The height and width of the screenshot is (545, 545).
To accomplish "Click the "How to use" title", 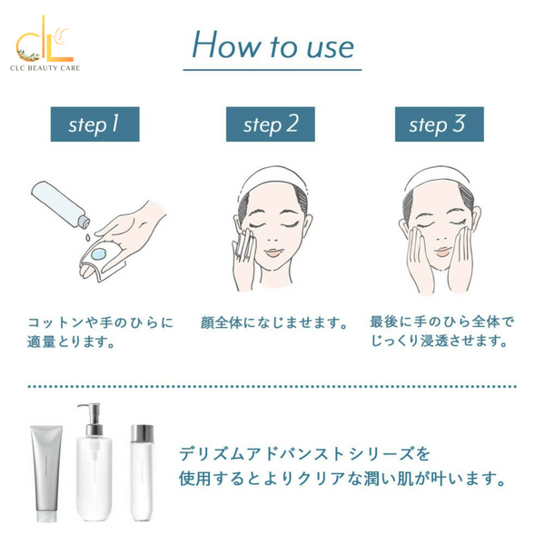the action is click(x=272, y=45).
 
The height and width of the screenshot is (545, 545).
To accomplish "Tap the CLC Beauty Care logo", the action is click(x=45, y=44).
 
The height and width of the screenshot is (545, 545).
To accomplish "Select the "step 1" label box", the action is click(x=94, y=124).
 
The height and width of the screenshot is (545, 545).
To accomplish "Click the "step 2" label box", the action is click(x=271, y=124).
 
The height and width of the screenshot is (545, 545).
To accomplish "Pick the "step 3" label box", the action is click(x=440, y=124).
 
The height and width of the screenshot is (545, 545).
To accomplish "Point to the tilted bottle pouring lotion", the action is click(x=61, y=204).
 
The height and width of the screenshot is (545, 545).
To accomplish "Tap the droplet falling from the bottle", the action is click(x=88, y=237).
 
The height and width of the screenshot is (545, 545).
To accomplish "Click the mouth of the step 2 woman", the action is click(x=272, y=253).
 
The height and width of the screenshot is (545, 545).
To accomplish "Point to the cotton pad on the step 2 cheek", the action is click(x=243, y=243).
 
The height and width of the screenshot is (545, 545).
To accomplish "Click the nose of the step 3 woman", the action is click(x=441, y=238).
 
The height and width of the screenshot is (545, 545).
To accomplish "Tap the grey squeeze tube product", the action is click(x=46, y=473).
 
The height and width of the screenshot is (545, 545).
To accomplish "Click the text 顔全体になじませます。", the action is click(x=274, y=322).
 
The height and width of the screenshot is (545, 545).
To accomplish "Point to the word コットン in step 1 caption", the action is click(x=56, y=322).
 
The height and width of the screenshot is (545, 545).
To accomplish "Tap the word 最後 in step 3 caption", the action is click(x=383, y=322).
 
